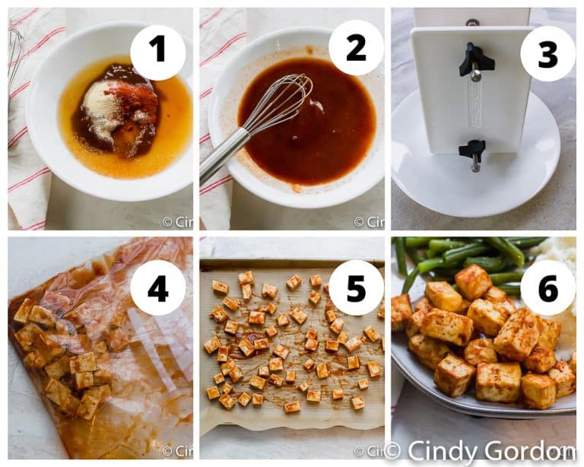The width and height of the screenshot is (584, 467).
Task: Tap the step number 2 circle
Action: pos(355,48)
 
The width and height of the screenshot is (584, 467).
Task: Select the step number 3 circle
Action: pos(547,53)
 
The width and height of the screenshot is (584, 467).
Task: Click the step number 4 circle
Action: pos(157,288)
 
